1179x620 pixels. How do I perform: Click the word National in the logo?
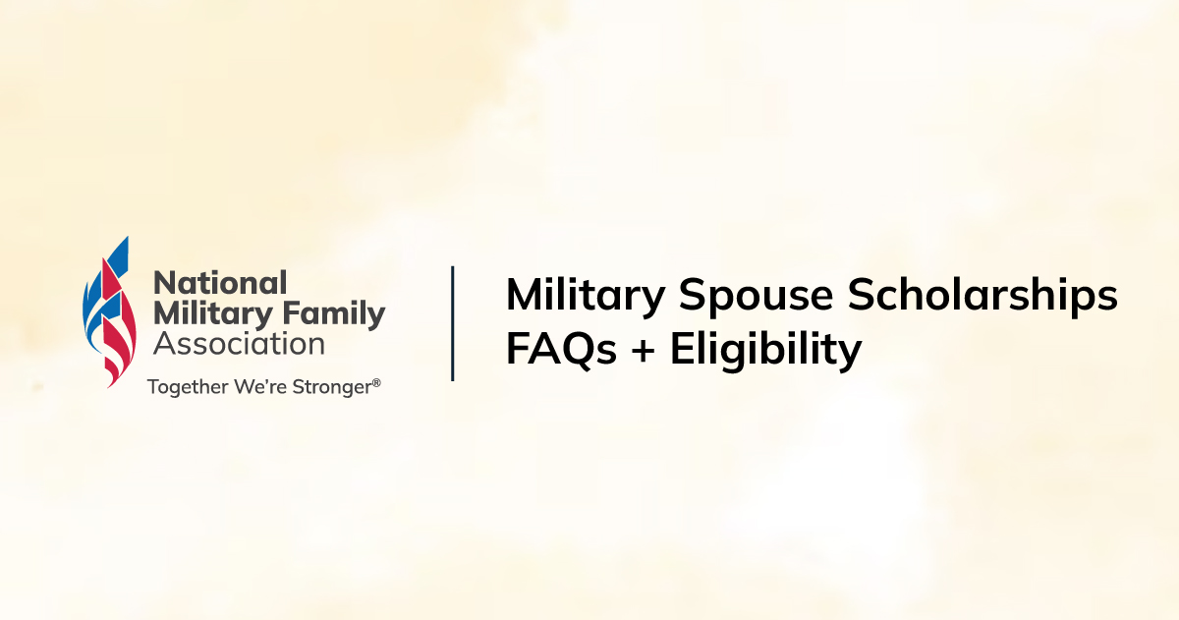(x=220, y=283)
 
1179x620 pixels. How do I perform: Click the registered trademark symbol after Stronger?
(x=376, y=383)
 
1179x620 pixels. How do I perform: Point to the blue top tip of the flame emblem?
(x=123, y=246)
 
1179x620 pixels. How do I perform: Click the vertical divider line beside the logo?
(x=453, y=322)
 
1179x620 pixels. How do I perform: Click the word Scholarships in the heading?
(x=983, y=296)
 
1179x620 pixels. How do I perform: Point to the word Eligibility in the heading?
(x=766, y=350)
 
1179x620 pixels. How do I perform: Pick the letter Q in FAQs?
(x=574, y=351)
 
